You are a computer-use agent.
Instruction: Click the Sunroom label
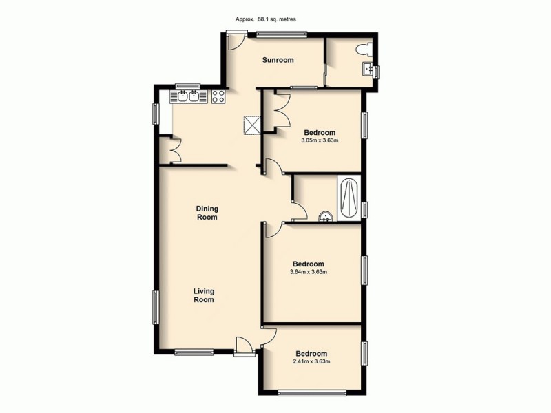278,60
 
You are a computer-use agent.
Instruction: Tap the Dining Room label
207,213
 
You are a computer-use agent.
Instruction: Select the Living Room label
203,295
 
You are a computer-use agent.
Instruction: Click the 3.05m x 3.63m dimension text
320,141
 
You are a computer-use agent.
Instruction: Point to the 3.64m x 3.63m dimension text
308,271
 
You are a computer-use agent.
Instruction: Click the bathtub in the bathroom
349,198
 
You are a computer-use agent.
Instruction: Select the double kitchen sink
188,96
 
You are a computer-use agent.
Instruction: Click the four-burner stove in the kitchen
218,97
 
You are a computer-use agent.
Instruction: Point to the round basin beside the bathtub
325,216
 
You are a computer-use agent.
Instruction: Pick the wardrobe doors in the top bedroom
280,111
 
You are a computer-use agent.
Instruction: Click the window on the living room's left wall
156,307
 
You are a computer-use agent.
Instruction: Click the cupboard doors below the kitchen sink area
170,150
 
